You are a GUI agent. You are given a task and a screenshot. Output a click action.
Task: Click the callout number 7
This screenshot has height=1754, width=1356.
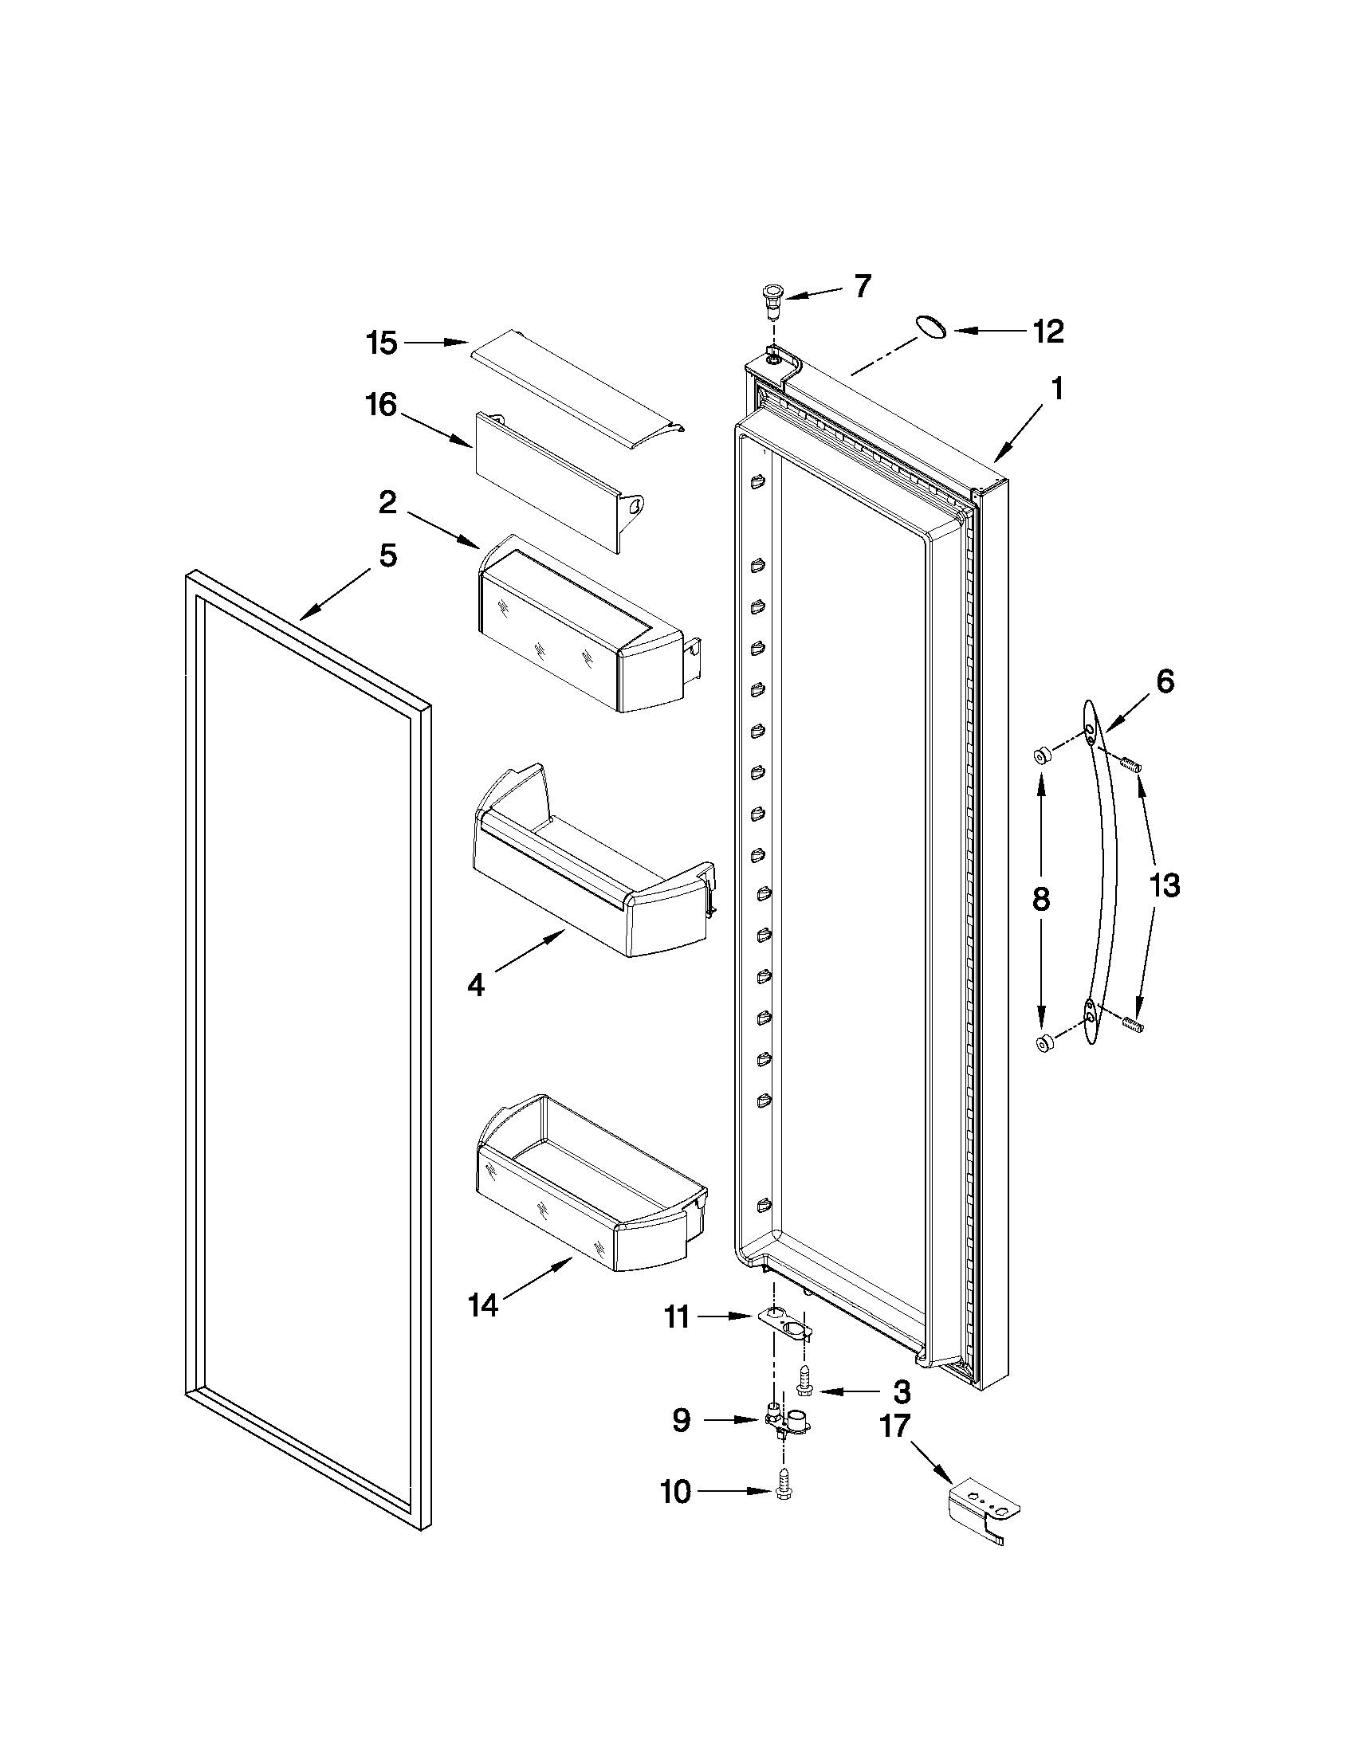click(x=862, y=287)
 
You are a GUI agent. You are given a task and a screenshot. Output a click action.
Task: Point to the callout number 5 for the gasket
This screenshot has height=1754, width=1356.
click(x=388, y=555)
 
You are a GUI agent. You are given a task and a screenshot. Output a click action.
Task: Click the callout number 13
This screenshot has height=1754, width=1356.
click(x=1164, y=886)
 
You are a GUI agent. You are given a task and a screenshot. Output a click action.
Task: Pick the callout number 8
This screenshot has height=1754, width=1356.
click(x=1040, y=899)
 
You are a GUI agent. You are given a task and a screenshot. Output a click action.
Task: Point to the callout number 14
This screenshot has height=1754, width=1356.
click(x=483, y=1305)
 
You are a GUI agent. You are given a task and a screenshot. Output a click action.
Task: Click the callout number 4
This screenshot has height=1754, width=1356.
click(x=476, y=985)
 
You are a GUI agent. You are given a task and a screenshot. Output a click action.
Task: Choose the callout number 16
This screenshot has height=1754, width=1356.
click(x=382, y=405)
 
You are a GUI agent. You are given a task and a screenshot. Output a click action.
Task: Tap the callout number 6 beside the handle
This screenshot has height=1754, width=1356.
click(x=1165, y=681)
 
